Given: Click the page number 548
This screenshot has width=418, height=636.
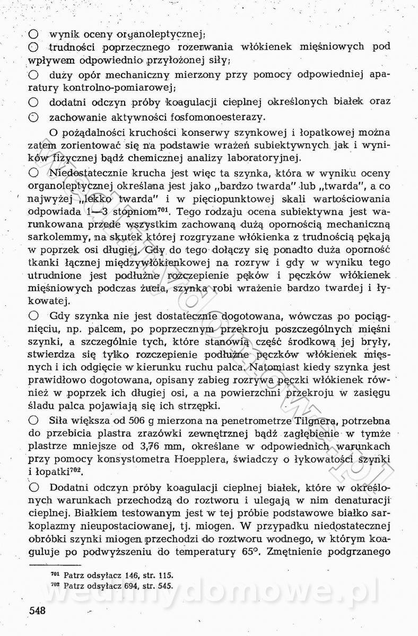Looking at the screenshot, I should click(x=37, y=610).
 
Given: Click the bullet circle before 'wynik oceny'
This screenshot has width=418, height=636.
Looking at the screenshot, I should click(x=33, y=35).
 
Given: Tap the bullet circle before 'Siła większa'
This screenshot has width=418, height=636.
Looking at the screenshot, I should click(x=33, y=421).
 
